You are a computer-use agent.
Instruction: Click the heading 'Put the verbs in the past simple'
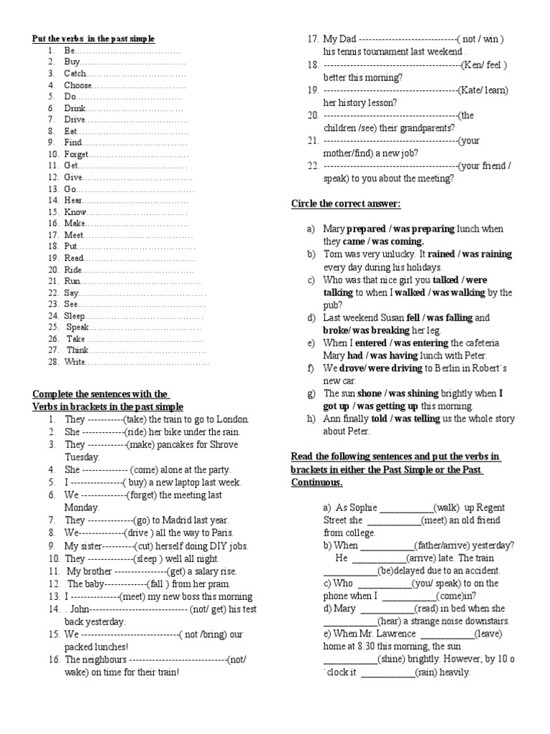[x=93, y=39]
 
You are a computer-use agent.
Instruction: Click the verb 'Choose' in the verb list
[x=78, y=85]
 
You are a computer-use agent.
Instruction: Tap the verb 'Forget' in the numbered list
[x=77, y=154]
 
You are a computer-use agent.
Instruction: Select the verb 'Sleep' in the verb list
[x=75, y=315]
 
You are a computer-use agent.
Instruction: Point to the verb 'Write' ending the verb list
[x=75, y=362]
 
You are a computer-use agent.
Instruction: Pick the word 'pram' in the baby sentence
[x=223, y=583]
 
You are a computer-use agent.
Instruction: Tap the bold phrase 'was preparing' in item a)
[x=423, y=229]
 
